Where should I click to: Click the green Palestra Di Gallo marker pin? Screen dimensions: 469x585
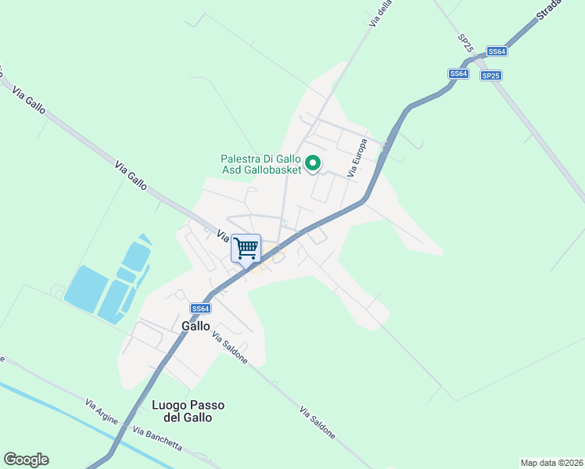tap(313, 163)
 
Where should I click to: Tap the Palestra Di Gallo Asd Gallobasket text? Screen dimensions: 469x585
tap(260, 164)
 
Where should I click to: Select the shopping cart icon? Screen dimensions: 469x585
tap(246, 249)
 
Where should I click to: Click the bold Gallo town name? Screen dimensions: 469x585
tap(196, 325)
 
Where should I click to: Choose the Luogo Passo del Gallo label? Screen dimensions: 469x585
tap(188, 411)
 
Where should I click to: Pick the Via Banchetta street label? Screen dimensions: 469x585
tap(157, 439)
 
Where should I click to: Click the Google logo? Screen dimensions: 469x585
tap(26, 460)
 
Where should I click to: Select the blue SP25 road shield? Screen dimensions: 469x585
tap(490, 76)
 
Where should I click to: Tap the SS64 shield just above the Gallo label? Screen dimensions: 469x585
tap(200, 309)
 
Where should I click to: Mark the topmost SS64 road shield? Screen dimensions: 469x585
tap(497, 52)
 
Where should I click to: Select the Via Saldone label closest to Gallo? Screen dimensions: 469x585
tap(230, 347)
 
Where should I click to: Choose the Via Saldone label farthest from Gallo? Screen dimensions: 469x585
tap(319, 422)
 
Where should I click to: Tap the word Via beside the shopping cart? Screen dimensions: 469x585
tap(222, 234)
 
